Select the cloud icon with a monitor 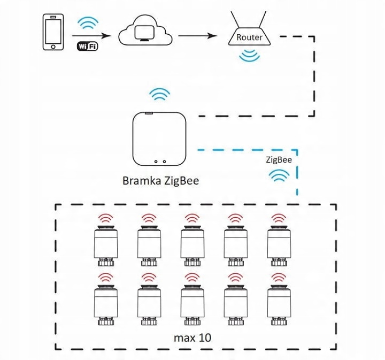click(144, 34)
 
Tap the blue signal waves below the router click(250, 55)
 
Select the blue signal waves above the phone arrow click(88, 24)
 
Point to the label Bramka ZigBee click(160, 180)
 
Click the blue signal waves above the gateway click(160, 95)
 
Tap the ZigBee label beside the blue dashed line click(279, 159)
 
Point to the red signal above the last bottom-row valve click(278, 277)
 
